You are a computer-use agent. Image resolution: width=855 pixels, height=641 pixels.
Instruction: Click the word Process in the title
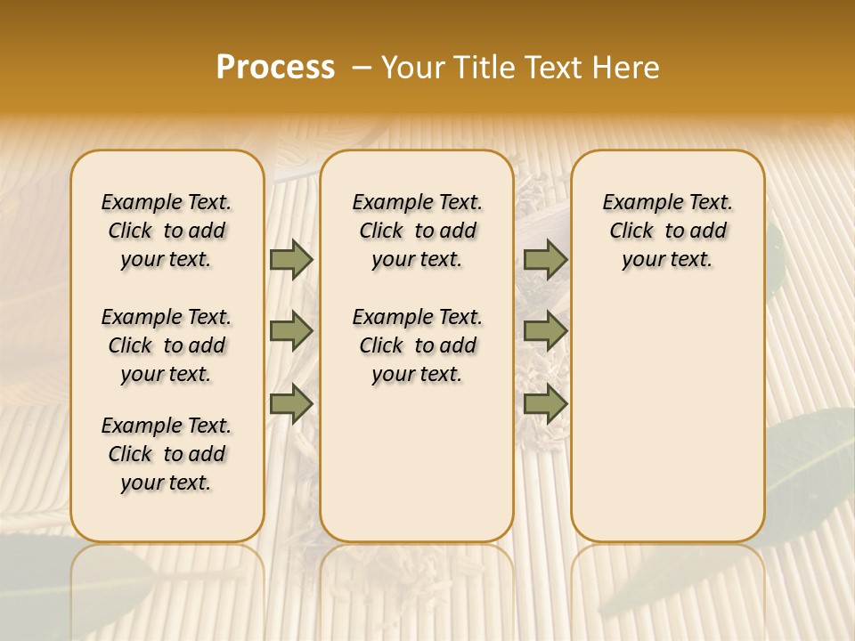(x=275, y=68)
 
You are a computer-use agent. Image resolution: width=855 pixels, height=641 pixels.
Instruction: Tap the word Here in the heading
(x=625, y=68)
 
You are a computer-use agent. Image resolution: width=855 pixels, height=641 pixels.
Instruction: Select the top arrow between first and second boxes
(x=291, y=259)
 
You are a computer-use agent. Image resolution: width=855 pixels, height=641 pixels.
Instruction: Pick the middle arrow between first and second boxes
(x=291, y=331)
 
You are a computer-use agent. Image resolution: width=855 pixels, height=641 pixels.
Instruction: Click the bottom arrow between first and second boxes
(x=291, y=403)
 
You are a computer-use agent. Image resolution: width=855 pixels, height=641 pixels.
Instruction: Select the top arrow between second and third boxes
(x=545, y=259)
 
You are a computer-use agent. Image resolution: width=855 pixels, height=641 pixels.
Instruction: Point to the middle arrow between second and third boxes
(x=545, y=331)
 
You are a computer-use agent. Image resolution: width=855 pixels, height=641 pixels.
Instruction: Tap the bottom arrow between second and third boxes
(x=545, y=403)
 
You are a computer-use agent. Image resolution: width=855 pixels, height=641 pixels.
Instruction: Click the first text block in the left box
(x=167, y=231)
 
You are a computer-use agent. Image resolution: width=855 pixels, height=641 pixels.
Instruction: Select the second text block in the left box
(x=167, y=345)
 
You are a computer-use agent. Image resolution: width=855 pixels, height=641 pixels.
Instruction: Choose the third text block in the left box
(x=167, y=454)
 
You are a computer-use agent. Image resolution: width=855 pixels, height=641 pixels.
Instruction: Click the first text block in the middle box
(x=417, y=231)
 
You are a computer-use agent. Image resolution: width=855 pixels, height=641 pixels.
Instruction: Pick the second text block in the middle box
(x=417, y=345)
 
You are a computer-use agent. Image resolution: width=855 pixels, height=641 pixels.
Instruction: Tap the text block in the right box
(x=667, y=231)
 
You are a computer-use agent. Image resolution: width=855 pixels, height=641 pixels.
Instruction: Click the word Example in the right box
(x=638, y=203)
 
